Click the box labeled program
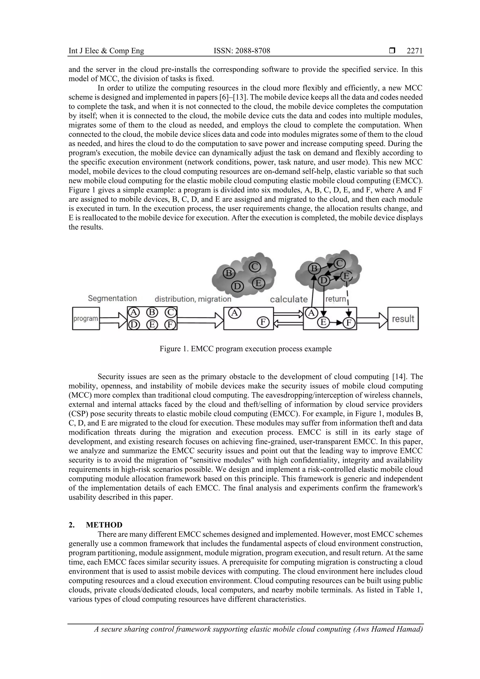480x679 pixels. [86, 319]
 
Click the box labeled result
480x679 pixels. [403, 319]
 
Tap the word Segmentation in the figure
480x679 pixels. [112, 298]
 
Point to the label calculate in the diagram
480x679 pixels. [289, 299]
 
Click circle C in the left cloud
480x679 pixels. [255, 267]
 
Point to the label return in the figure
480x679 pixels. [336, 299]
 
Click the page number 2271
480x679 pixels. [415, 51]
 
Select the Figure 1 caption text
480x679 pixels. [245, 349]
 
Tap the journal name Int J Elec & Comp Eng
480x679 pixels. [106, 51]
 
